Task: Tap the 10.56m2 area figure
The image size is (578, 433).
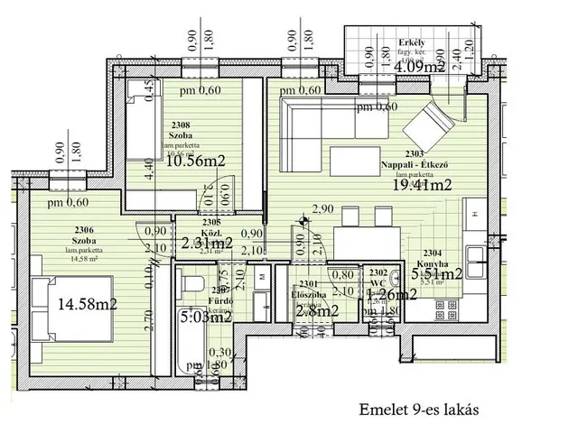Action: (193, 161)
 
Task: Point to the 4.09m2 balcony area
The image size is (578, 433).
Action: (418, 65)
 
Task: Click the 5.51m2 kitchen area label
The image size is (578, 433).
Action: (437, 273)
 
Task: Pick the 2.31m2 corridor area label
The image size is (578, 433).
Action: (206, 243)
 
